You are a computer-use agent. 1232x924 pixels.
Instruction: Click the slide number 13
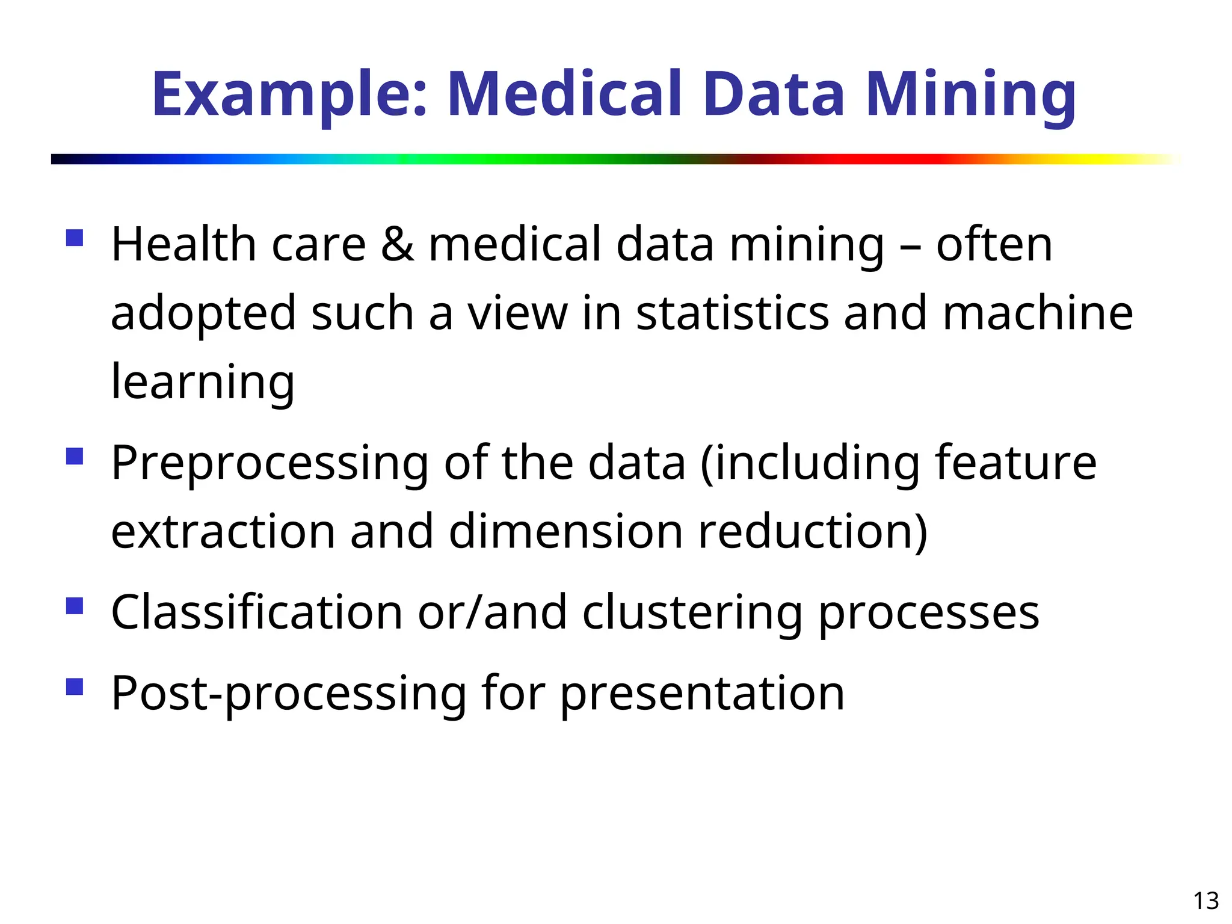tap(1206, 901)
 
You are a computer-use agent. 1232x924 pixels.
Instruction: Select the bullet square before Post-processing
tap(75, 686)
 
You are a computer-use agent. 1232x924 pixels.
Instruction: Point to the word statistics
tap(732, 313)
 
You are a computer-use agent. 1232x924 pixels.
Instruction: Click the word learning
tap(203, 383)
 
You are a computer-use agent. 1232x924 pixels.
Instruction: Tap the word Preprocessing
tap(270, 464)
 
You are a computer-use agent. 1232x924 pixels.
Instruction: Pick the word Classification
tap(257, 612)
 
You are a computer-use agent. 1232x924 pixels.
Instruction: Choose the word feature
tap(1015, 463)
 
